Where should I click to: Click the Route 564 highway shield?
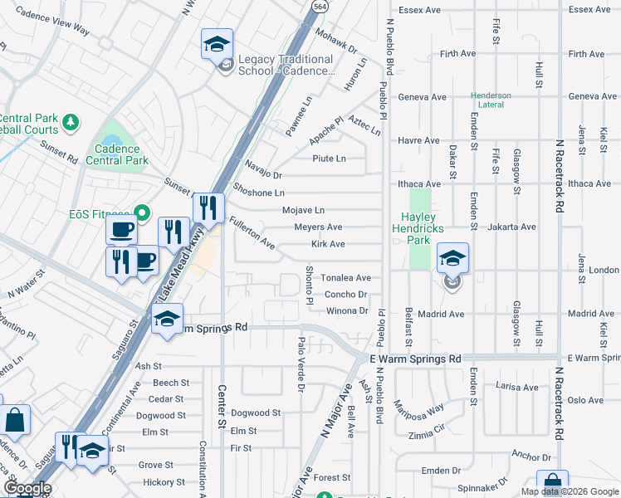318,6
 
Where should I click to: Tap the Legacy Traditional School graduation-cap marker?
218,44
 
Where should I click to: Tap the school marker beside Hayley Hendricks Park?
452,259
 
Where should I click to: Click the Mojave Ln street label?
303,211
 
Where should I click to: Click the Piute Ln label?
328,158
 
